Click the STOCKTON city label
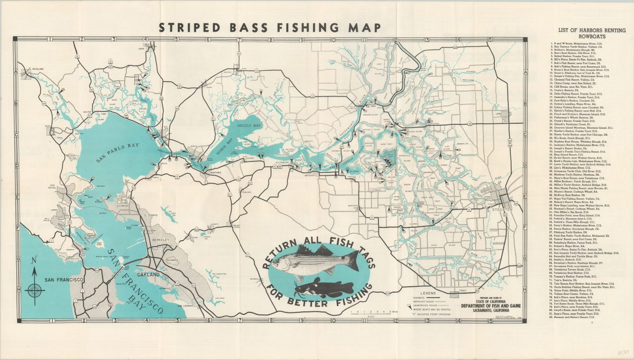502,210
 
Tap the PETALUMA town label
38,70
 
